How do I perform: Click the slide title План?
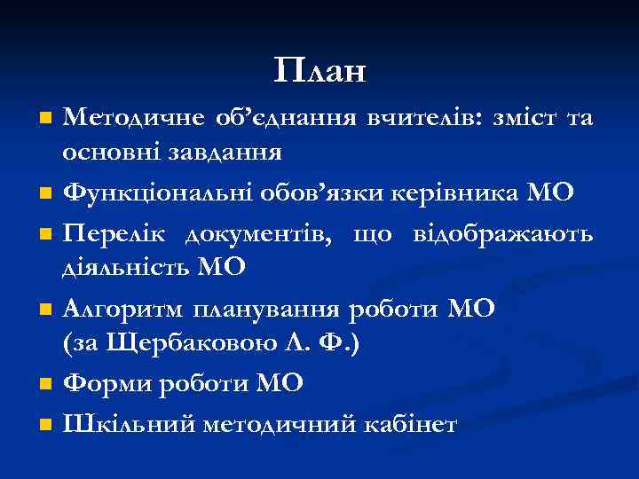point(319,70)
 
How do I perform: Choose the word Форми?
point(105,383)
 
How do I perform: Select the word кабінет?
point(412,424)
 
